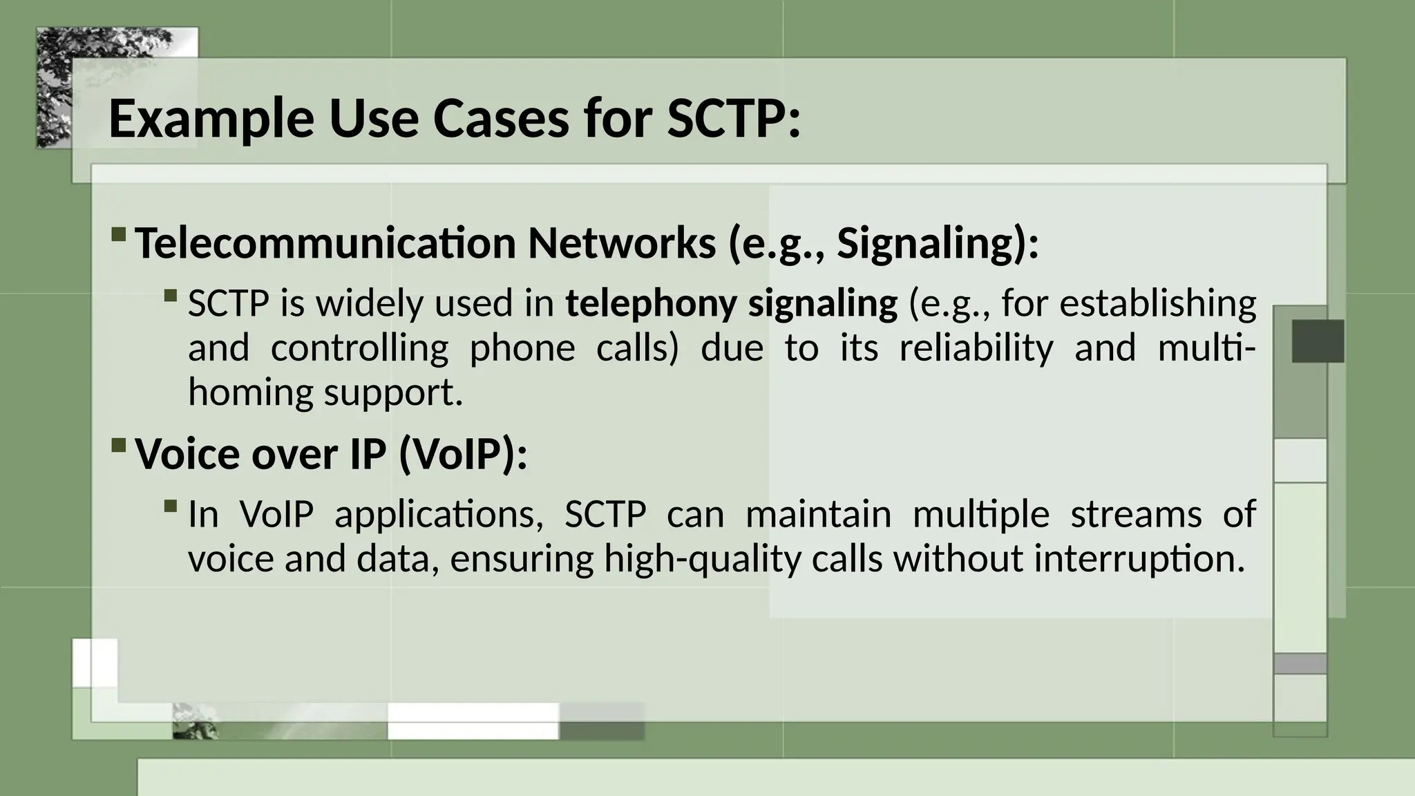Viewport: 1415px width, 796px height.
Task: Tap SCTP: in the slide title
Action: tap(733, 119)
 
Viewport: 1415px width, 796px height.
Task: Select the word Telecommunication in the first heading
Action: tap(325, 243)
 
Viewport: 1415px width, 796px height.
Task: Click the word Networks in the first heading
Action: tap(621, 243)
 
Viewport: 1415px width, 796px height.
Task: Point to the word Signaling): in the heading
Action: tap(938, 243)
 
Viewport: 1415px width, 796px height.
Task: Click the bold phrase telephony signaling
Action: tap(731, 304)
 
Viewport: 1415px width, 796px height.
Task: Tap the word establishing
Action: tap(1158, 304)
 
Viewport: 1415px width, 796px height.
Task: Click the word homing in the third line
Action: tap(251, 392)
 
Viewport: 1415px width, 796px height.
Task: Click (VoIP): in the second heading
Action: tap(463, 454)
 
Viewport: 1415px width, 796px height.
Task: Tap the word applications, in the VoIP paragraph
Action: tap(439, 515)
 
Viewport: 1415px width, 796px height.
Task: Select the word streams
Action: tap(1136, 515)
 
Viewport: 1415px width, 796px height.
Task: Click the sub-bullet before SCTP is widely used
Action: tap(171, 296)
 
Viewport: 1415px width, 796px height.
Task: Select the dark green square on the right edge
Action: tap(1317, 341)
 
